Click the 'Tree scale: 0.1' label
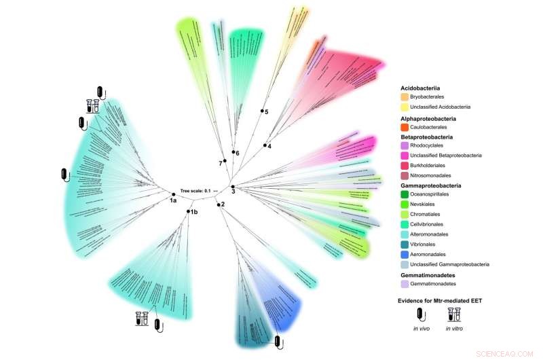point(195,191)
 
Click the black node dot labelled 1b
point(188,212)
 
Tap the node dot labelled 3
point(232,187)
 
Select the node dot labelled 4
point(265,145)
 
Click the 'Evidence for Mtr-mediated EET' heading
point(445,300)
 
